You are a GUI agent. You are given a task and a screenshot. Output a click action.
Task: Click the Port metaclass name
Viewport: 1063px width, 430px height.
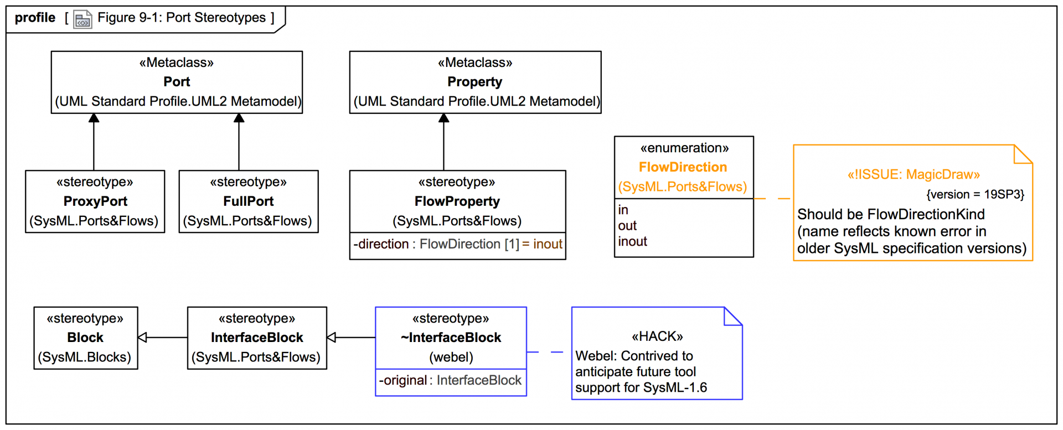pos(177,82)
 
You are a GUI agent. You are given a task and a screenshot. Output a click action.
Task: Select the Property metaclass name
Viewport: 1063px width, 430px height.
pos(474,82)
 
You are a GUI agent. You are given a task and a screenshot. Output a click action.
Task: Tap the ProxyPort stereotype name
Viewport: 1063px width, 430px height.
pos(95,201)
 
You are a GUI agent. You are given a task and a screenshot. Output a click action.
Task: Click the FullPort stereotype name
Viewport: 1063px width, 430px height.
pos(248,201)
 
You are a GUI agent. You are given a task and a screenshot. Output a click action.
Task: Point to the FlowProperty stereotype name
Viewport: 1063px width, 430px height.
pos(457,201)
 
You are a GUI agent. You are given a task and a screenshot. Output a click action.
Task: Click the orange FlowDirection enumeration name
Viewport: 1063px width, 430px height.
pos(683,167)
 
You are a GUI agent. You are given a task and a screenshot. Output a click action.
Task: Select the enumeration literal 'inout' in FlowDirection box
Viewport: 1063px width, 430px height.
pos(632,242)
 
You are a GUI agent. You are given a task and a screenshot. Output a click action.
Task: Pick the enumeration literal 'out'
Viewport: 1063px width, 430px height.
pos(627,226)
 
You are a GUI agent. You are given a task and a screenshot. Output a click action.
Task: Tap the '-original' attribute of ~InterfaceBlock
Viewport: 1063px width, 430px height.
pos(403,381)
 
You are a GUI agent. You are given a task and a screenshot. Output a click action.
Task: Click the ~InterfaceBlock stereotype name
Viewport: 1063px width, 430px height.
pos(451,338)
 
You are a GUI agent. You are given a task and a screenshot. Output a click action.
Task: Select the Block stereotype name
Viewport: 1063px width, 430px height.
pos(85,338)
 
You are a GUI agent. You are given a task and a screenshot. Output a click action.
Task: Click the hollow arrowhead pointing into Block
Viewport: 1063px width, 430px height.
pos(142,338)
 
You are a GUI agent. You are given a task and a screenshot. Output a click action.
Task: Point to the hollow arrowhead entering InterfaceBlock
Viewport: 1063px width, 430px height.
pos(332,338)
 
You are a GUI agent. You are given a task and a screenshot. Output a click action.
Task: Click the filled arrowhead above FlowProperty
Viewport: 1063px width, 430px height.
pos(443,118)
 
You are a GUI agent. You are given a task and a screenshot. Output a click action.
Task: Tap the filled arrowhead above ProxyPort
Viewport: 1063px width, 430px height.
pos(94,118)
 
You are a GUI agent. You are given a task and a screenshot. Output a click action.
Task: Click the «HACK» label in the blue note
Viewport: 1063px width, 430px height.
pos(657,336)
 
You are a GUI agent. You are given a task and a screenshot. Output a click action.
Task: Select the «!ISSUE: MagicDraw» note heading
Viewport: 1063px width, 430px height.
pos(914,175)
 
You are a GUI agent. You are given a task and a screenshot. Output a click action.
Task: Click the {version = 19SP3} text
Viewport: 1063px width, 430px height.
pos(975,195)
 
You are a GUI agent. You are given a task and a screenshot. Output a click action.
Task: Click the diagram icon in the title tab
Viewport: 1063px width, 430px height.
pos(82,20)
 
